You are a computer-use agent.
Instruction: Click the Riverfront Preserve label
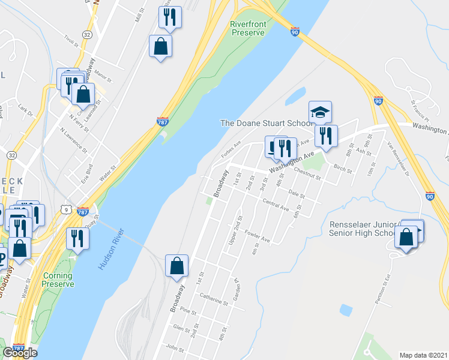click(247, 28)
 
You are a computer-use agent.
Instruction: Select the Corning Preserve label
click(58, 280)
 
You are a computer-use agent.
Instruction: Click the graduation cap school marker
click(320, 112)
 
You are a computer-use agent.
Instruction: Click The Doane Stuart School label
click(268, 123)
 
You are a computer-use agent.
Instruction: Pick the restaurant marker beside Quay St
click(77, 237)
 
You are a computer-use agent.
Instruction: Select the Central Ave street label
click(276, 206)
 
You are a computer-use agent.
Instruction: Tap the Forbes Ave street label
click(231, 150)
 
